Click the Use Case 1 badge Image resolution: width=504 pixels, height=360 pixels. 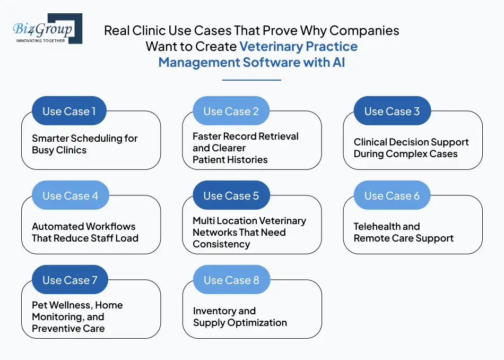pos(69,112)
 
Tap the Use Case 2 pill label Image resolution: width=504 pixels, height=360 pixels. pos(231,112)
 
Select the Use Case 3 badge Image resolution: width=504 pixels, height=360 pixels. pos(392,112)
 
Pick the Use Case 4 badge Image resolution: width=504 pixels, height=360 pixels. pos(70,196)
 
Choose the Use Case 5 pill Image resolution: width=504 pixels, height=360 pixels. pos(231,196)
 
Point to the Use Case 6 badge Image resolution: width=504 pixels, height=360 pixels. pos(392,196)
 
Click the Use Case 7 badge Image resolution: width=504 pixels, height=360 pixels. pos(69,280)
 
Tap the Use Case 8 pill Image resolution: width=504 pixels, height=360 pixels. pos(231,280)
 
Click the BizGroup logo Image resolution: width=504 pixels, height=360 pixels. pos(47,29)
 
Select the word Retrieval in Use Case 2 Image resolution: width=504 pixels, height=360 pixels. pos(276,136)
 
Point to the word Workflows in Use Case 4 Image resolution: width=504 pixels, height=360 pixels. pos(110,227)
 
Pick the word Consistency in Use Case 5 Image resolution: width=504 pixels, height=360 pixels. pos(221,244)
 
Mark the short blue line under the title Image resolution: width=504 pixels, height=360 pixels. pos(251,80)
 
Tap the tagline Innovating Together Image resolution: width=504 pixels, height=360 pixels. pos(41,40)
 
